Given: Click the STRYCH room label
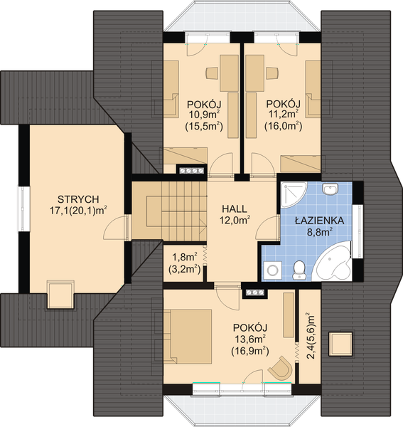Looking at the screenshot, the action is tap(78, 199).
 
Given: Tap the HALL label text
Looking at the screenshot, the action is tap(235, 209).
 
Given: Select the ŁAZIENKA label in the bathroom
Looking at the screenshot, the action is tap(320, 220).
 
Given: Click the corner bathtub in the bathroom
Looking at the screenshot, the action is tap(333, 261).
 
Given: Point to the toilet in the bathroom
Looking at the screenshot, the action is tap(299, 270).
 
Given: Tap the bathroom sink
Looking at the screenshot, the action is tap(330, 189).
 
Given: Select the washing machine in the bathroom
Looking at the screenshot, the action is tap(272, 270).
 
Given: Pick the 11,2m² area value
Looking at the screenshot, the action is tap(284, 114).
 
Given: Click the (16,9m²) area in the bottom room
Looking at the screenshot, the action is tap(250, 351).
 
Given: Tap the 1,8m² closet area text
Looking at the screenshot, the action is tap(185, 257).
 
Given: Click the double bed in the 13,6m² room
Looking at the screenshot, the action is tap(188, 337).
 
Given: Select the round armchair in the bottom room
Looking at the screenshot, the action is tap(281, 368).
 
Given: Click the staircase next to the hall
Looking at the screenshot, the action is tap(169, 211).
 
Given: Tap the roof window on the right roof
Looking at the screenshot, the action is tap(340, 344).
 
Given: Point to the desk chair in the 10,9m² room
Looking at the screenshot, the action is tap(212, 73).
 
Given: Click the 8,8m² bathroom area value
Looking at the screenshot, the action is tap(320, 232).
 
